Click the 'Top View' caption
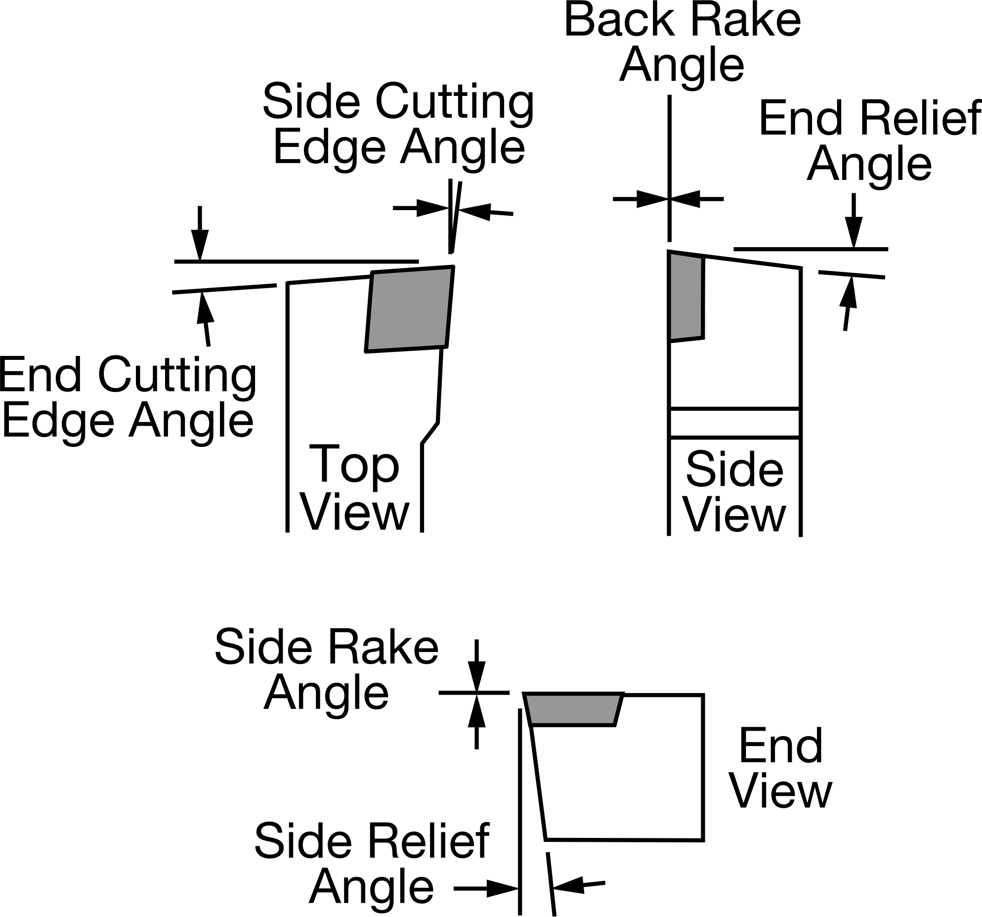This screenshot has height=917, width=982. click(x=355, y=487)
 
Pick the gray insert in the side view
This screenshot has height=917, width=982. click(x=686, y=297)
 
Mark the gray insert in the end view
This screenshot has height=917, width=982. click(x=574, y=709)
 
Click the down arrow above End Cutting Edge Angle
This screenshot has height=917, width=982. click(x=200, y=233)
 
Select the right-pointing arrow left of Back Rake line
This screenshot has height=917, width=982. click(x=641, y=199)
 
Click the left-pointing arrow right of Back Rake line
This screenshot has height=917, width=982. click(x=697, y=199)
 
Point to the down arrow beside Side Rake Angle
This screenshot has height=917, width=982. click(x=476, y=666)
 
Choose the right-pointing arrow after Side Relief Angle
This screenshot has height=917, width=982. click(x=486, y=888)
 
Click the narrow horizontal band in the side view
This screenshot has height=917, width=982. click(x=734, y=423)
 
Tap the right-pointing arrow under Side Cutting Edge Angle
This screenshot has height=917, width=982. click(x=421, y=208)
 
